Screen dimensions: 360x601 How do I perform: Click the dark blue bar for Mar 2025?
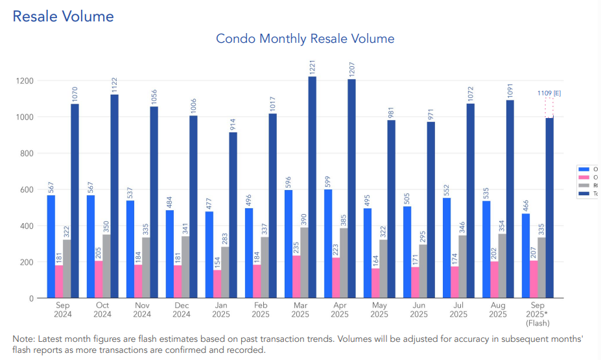coord(312,187)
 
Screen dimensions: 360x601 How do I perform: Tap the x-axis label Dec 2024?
coord(181,309)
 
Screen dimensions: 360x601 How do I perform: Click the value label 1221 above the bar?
coord(312,67)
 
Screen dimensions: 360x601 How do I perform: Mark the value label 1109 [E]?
coord(548,93)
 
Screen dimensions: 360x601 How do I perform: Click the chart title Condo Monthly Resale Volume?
coord(305,39)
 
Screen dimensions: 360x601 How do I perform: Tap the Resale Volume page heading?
coord(64,17)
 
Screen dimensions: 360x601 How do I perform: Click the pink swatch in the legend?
coord(581,176)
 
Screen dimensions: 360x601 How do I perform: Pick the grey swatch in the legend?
coord(581,185)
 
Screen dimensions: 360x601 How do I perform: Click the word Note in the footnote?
coord(24,339)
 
